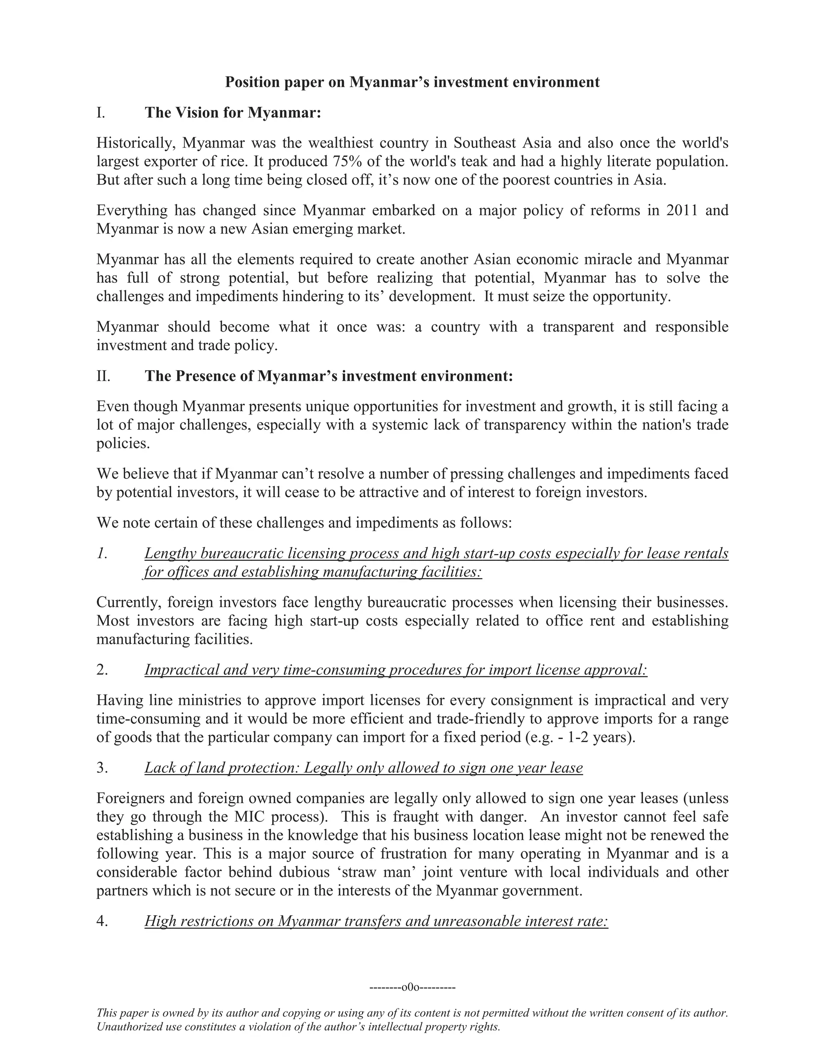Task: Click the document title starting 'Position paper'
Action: pos(412,82)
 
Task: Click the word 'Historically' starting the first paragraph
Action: pos(132,143)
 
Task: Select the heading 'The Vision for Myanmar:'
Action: pos(233,113)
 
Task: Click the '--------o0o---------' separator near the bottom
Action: pos(412,987)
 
